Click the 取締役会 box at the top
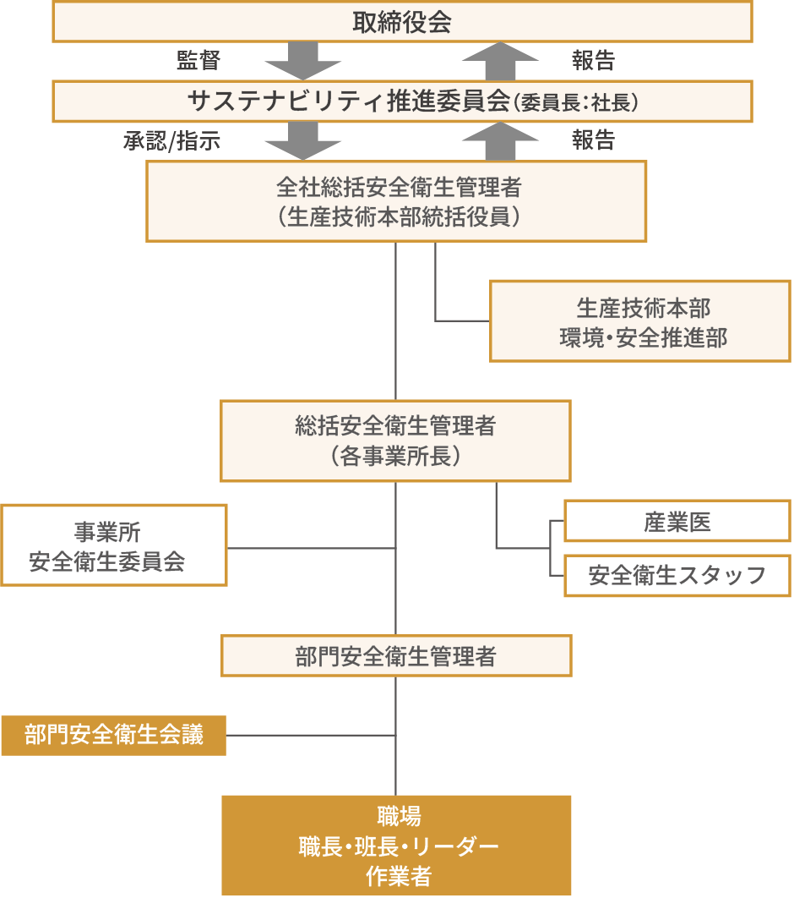click(402, 22)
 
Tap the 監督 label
click(198, 60)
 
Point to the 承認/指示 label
click(171, 141)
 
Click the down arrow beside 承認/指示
click(302, 141)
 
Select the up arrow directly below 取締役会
click(500, 62)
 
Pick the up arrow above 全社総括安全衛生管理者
click(500, 141)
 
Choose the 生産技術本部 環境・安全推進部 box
click(640, 322)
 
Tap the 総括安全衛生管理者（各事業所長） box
click(395, 441)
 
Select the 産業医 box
click(677, 522)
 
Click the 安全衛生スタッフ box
click(677, 576)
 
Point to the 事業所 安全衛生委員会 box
click(114, 545)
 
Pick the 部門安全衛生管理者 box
click(396, 656)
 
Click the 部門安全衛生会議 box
click(114, 734)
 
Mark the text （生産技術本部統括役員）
click(396, 216)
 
